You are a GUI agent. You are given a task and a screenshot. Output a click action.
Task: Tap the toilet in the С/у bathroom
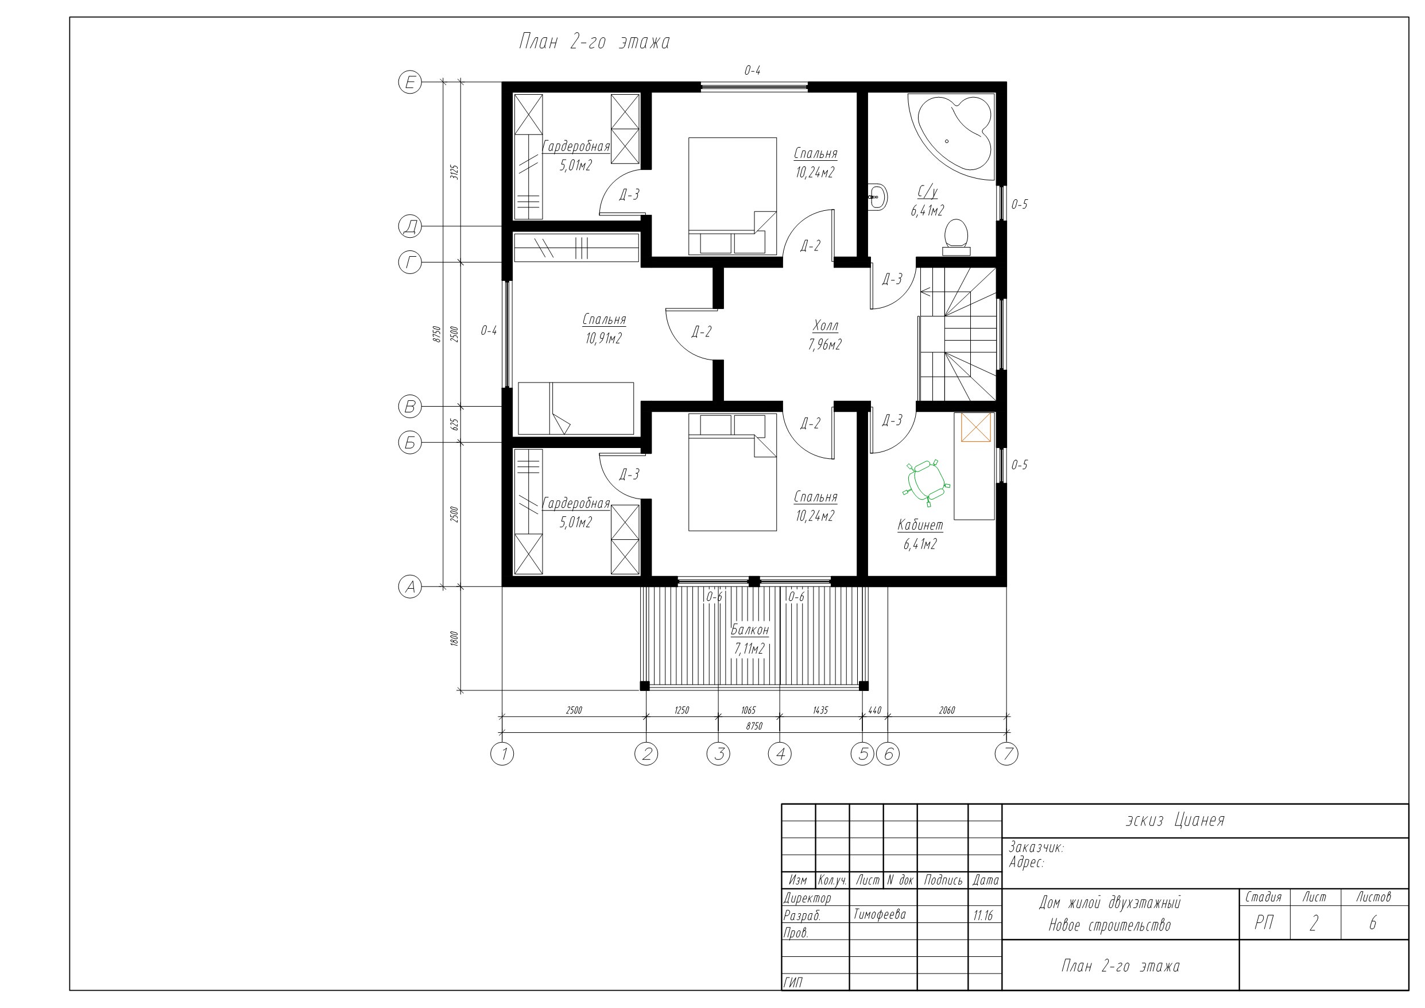click(x=956, y=237)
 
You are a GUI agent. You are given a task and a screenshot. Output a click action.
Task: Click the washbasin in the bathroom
click(x=877, y=198)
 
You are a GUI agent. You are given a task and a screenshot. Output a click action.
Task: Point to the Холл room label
click(x=825, y=326)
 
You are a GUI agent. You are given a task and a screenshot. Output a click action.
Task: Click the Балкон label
click(x=750, y=629)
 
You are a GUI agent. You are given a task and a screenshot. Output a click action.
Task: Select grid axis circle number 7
click(x=1006, y=754)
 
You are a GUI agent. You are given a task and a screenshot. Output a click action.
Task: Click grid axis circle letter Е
click(x=409, y=82)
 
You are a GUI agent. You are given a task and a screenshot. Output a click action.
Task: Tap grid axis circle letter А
click(x=409, y=586)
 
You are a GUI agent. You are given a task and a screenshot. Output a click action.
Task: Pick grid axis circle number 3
click(x=718, y=754)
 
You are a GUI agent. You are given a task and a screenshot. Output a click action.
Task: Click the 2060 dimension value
click(x=947, y=710)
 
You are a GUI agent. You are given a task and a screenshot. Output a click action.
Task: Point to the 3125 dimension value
click(x=454, y=172)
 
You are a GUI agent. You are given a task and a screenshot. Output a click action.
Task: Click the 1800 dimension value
click(x=454, y=639)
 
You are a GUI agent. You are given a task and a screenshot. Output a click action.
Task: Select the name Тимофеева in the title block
click(x=880, y=915)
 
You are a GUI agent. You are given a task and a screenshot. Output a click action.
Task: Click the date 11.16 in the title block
click(x=983, y=916)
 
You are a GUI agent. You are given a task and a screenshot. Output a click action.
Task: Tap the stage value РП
click(x=1264, y=924)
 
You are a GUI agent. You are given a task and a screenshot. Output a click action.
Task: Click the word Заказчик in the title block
click(x=1036, y=847)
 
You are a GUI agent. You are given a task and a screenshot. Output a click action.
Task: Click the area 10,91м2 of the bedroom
click(x=603, y=339)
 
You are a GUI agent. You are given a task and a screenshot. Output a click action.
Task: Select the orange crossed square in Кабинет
click(x=976, y=427)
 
